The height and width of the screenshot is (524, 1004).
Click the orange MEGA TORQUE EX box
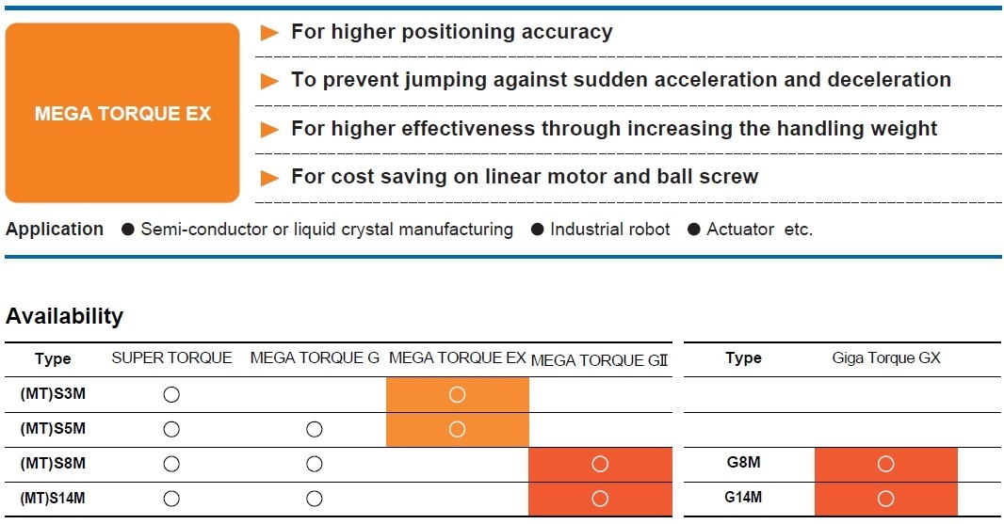122,113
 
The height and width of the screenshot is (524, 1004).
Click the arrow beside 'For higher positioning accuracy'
269,33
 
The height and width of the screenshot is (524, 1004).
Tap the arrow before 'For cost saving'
269,178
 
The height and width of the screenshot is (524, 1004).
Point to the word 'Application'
55,229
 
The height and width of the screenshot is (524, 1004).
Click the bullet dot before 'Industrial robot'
537,229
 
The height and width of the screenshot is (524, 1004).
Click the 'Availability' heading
64,316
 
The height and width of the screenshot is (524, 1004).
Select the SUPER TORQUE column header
171,357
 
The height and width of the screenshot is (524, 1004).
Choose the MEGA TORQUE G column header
315,357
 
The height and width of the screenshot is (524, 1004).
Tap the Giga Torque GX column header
886,357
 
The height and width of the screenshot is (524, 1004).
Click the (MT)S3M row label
53,394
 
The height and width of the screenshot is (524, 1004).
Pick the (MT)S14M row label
53,499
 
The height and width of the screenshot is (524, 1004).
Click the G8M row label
743,463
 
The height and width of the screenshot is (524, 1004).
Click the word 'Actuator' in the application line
740,229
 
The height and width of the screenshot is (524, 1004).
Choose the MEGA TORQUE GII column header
599,360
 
